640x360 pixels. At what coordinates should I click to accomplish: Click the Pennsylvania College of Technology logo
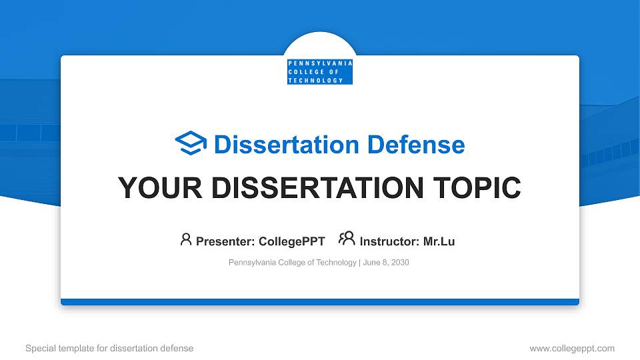pos(319,71)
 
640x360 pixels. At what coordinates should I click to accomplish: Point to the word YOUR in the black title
pos(153,188)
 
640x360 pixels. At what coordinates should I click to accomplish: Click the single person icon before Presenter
pos(186,239)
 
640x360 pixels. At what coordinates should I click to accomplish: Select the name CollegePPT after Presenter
pos(292,241)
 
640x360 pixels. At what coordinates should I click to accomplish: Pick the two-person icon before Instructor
pos(347,239)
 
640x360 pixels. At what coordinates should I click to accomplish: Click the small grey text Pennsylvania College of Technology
pos(292,263)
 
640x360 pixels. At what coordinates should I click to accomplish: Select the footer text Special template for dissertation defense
pos(109,348)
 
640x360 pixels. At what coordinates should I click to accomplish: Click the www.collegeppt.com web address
pos(572,348)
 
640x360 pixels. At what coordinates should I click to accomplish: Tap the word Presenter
pos(220,241)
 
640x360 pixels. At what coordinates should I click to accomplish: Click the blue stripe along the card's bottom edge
pos(319,302)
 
